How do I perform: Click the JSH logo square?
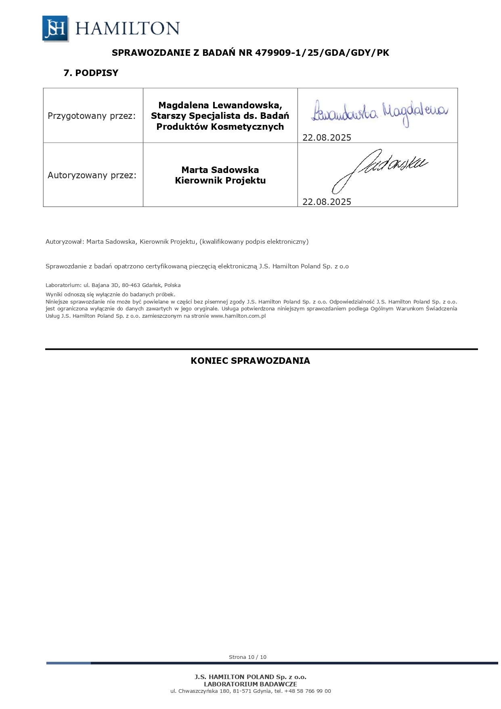tap(55, 29)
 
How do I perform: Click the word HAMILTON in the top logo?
tap(127, 29)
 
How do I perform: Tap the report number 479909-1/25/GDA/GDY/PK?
tap(322, 53)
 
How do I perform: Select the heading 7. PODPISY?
tap(91, 73)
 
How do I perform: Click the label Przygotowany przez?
tap(92, 116)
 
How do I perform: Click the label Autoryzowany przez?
tap(92, 175)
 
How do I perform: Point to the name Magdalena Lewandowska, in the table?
tap(220, 106)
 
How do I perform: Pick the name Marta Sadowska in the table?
tap(220, 170)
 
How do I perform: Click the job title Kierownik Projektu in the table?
tap(220, 181)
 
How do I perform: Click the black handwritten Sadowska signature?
tap(379, 170)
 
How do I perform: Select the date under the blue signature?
tap(327, 138)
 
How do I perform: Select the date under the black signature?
tap(327, 202)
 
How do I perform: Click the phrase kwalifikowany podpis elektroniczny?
tap(254, 242)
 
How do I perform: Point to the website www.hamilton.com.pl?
tap(238, 316)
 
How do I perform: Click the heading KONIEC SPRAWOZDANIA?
tap(250, 361)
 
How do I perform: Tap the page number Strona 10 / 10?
tap(247, 657)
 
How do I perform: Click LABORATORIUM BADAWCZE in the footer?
tap(250, 684)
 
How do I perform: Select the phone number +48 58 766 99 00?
tap(308, 691)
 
